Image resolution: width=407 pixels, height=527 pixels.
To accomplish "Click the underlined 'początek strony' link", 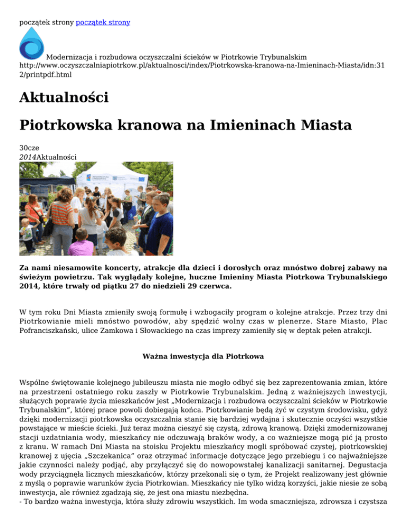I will point(103,22).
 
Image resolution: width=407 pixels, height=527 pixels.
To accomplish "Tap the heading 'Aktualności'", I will point(64,98).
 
